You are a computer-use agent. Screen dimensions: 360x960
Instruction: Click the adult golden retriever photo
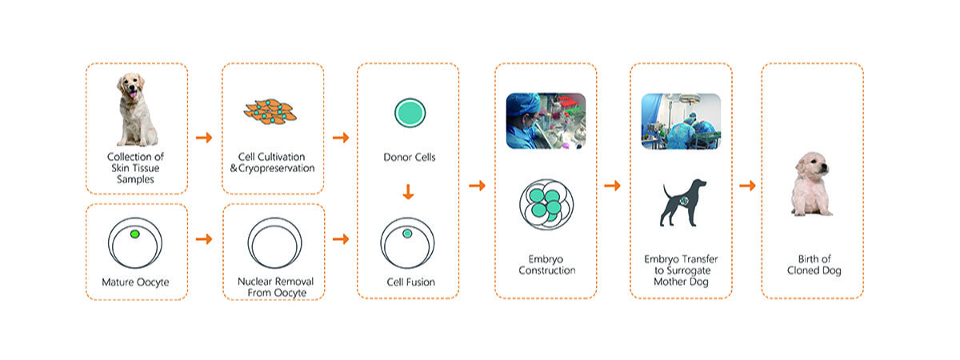click(x=137, y=108)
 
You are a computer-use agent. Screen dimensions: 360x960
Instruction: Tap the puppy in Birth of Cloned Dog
click(x=812, y=186)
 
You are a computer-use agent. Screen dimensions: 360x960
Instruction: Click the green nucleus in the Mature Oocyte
click(x=134, y=234)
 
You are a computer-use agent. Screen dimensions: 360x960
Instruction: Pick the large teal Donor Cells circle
click(x=408, y=113)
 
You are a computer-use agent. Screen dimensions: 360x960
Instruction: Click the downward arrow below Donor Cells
click(x=408, y=192)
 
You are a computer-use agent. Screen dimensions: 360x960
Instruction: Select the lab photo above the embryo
click(x=546, y=120)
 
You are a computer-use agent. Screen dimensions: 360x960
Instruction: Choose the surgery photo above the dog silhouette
click(x=681, y=121)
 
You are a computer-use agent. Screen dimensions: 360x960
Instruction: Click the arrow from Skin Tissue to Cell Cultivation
click(x=204, y=138)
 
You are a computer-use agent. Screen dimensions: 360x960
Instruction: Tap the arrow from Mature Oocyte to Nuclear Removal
click(x=204, y=239)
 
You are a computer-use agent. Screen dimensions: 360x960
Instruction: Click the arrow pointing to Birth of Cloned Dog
click(x=747, y=186)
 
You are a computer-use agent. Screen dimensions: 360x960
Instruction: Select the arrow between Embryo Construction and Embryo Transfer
click(x=612, y=186)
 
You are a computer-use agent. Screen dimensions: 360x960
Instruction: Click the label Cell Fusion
click(x=408, y=282)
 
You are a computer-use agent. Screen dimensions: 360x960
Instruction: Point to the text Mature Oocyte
click(x=137, y=282)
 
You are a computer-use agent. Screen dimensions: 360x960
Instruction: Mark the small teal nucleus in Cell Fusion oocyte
click(x=406, y=234)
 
